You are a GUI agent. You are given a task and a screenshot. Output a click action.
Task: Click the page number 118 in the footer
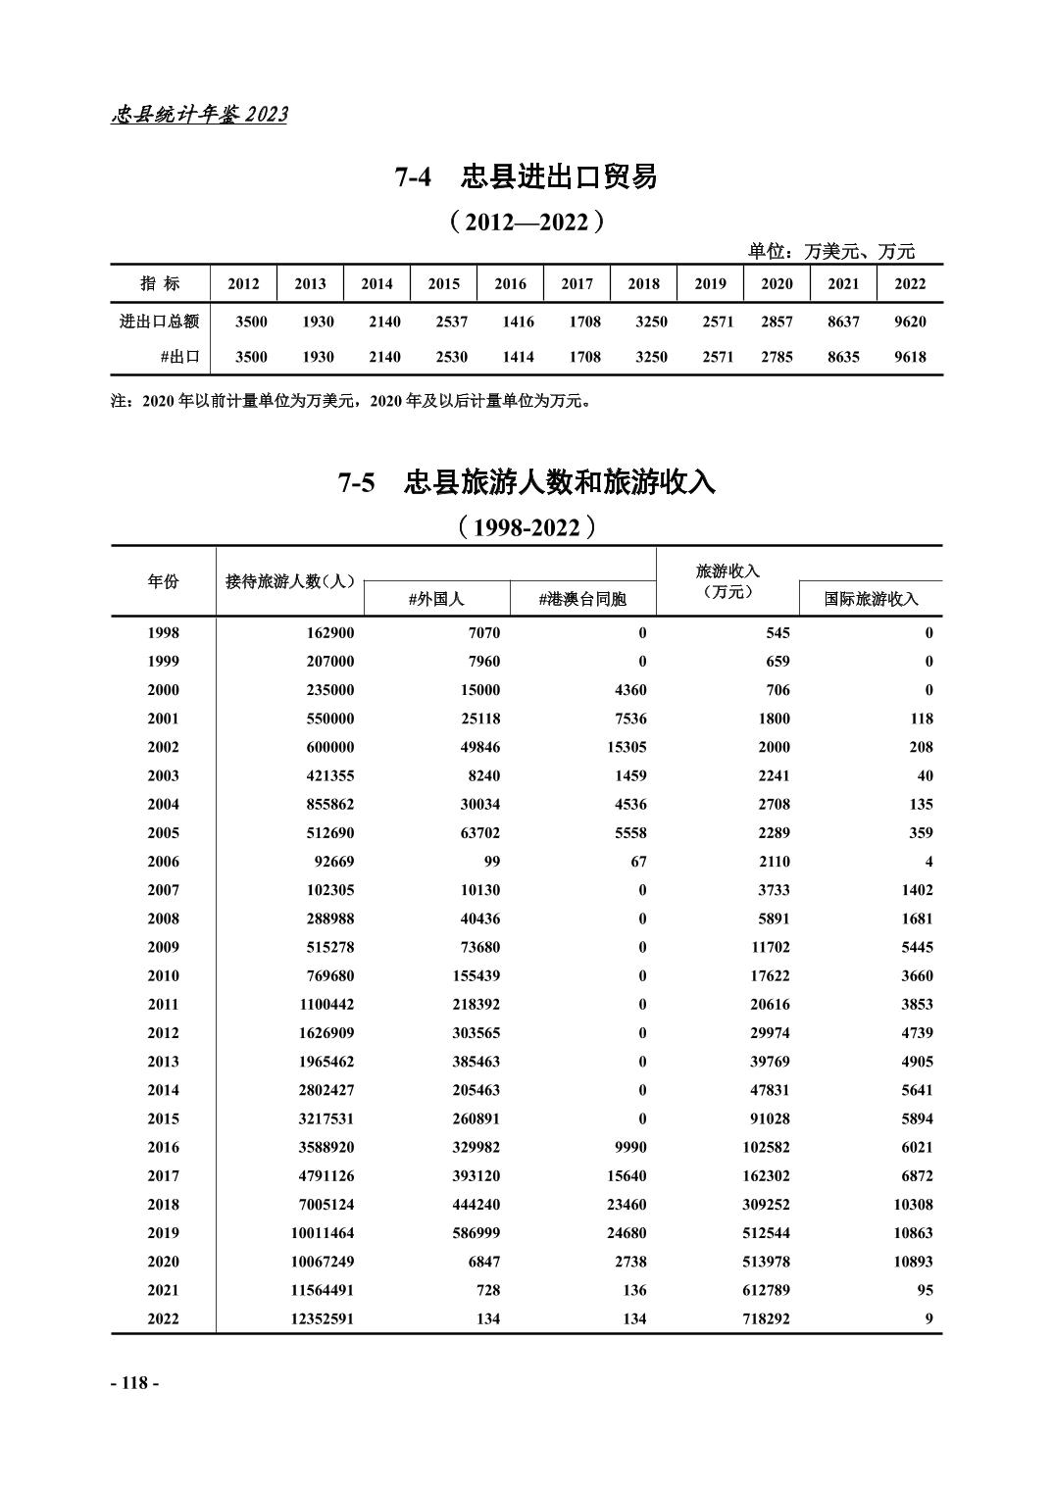(x=134, y=1382)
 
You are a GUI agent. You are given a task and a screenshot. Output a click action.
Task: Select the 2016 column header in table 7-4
(x=510, y=283)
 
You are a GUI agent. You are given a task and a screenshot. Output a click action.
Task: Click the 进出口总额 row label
(x=160, y=321)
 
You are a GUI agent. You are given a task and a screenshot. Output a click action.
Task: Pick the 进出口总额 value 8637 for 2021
(x=843, y=321)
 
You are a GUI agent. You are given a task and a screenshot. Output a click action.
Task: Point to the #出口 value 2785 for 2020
(x=777, y=357)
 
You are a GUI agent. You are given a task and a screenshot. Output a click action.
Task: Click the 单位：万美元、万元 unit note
(x=831, y=251)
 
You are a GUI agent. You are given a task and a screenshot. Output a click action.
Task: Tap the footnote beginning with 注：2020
(x=353, y=400)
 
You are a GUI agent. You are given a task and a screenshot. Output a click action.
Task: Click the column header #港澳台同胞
(x=582, y=598)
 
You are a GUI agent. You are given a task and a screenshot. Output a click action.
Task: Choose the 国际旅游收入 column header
(x=871, y=598)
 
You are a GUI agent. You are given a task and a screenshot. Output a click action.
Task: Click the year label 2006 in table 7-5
(x=163, y=861)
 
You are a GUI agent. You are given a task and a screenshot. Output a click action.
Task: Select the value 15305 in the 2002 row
(x=622, y=747)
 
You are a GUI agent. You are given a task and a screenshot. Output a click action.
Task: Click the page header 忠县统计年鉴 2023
(x=200, y=115)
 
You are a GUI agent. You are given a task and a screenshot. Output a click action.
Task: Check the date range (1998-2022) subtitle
(x=526, y=527)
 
